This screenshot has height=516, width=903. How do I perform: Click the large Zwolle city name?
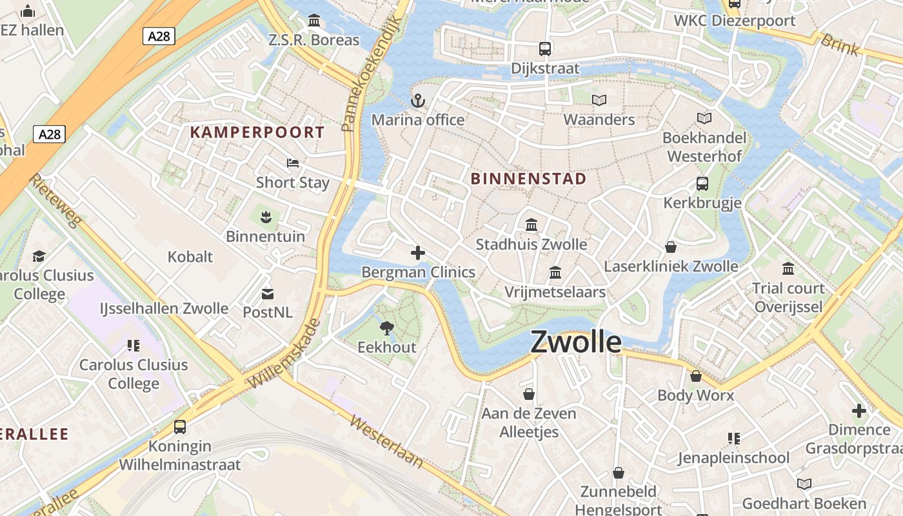coord(576,342)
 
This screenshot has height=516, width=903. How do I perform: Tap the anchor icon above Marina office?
coord(418,101)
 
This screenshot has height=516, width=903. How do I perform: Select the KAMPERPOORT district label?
coord(257,132)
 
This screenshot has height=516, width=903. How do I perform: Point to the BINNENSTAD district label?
coord(529,179)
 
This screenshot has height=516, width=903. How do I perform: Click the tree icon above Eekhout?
coord(387,328)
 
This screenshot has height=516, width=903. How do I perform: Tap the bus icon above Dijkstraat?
coord(545,48)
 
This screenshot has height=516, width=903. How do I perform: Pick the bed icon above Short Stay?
coord(293,163)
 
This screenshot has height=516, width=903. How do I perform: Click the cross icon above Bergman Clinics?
coord(418,253)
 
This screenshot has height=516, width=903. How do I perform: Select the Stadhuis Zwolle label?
coord(531,244)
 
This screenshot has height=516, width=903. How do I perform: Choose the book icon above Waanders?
coord(599,100)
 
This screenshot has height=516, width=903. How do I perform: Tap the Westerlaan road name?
coord(386,441)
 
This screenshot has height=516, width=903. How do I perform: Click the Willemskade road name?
coord(284,353)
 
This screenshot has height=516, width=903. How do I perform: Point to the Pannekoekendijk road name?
coord(372,74)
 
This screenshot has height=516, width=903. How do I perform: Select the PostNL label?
coord(268,312)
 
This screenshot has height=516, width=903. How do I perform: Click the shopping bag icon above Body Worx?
coord(696,375)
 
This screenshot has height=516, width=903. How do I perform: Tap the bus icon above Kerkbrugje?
coord(702,184)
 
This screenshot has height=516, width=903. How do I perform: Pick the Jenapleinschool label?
coord(733,458)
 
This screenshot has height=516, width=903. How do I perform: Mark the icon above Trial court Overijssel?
coord(788,268)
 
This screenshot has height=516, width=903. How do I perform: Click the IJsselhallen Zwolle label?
coord(164,308)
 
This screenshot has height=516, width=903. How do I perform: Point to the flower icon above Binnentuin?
coord(265,217)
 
